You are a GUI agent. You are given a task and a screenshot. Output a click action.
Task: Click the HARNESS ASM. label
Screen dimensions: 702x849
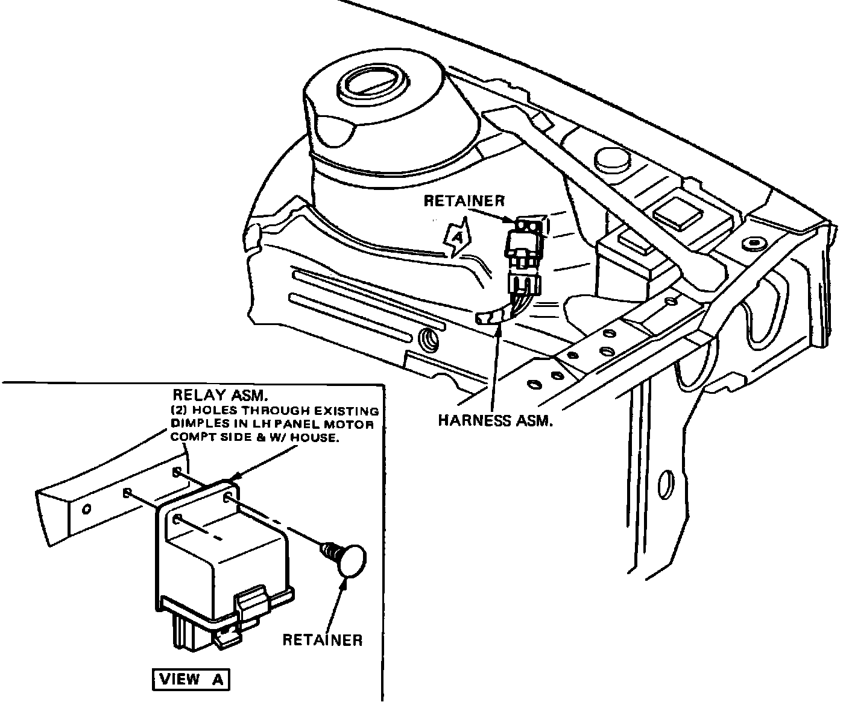[x=495, y=421]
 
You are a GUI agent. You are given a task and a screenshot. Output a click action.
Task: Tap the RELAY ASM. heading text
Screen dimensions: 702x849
[x=219, y=395]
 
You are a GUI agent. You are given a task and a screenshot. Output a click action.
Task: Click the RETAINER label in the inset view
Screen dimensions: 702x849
[x=323, y=639]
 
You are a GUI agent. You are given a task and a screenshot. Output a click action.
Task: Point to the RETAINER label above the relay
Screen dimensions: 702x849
[x=464, y=201]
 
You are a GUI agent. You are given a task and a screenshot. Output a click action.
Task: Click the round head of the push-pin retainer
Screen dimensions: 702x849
[x=350, y=560]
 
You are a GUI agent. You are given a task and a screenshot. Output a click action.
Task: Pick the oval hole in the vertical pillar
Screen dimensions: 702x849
[x=666, y=484]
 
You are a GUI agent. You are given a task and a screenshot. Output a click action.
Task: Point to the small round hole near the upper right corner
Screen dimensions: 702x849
[x=753, y=242]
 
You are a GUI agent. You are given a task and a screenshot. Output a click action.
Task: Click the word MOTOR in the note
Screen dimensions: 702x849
[x=355, y=425]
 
